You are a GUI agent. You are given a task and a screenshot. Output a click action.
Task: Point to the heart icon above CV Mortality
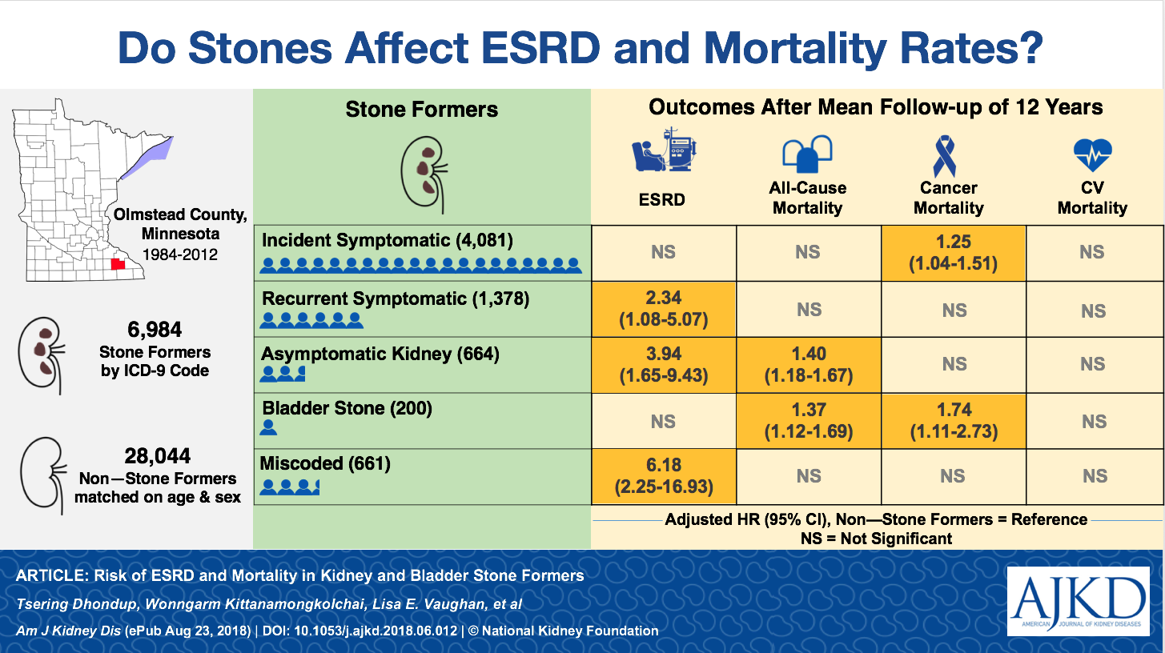click(x=1092, y=156)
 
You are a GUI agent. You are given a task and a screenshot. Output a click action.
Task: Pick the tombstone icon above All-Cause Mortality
click(x=807, y=155)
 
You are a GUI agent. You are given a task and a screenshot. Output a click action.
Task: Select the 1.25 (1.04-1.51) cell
click(x=954, y=252)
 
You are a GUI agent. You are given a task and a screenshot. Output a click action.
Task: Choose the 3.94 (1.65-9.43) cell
click(x=663, y=364)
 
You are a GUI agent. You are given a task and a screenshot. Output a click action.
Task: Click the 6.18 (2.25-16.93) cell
click(x=663, y=475)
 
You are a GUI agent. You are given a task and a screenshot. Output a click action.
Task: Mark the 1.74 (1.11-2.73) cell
click(x=954, y=421)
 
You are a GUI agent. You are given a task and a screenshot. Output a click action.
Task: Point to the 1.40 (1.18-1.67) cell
click(x=808, y=364)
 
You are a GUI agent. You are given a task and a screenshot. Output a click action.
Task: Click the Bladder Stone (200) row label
click(x=347, y=408)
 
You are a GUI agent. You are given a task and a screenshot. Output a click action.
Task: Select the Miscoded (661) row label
click(x=326, y=463)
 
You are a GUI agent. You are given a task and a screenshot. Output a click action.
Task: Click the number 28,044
click(x=158, y=456)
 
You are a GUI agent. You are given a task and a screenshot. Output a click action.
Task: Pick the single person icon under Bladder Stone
click(x=269, y=427)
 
